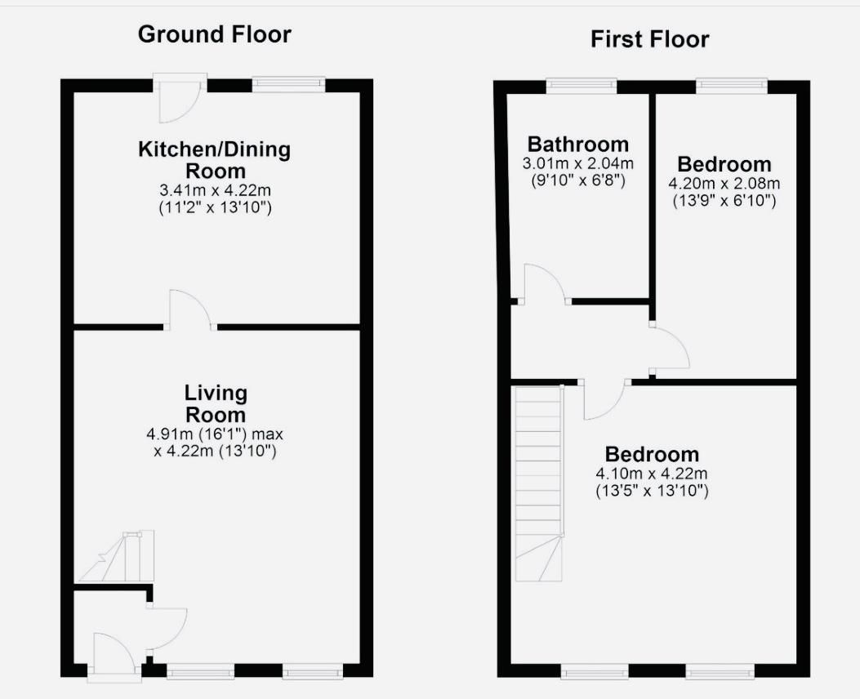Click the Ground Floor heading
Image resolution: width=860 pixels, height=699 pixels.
coord(214,34)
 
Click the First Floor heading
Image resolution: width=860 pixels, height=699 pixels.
coord(649,38)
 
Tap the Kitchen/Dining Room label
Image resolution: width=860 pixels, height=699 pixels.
coord(214,160)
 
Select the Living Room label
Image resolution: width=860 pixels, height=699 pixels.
coord(215,403)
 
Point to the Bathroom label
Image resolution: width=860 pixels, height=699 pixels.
coord(577,145)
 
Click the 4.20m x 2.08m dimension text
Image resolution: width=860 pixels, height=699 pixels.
coord(724,183)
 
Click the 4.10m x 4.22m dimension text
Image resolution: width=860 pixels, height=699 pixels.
coord(651,474)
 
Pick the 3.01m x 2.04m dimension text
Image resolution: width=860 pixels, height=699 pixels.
coord(577,163)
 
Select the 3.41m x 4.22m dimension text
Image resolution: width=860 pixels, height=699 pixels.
coord(215,189)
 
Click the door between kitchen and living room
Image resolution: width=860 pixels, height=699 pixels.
coord(189,312)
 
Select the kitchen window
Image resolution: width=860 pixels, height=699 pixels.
coord(288,84)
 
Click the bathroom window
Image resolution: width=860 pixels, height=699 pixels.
coord(582,85)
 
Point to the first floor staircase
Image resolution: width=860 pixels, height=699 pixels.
coord(539,482)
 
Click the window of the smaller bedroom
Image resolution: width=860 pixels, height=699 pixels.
coord(731,85)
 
